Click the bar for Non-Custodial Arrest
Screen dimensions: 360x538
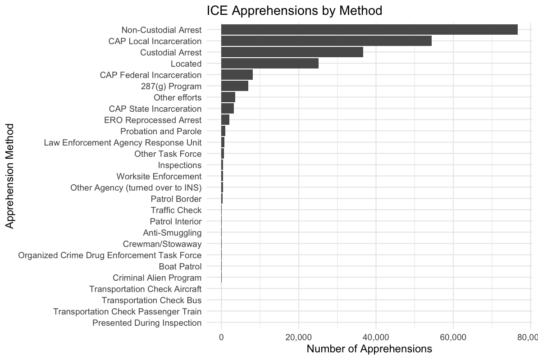pyautogui.click(x=369, y=30)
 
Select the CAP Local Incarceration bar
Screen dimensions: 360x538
pyautogui.click(x=326, y=41)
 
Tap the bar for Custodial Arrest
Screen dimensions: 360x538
pyautogui.click(x=292, y=52)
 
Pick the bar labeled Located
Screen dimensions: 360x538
pyautogui.click(x=270, y=64)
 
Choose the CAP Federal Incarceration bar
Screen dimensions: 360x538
pyautogui.click(x=237, y=75)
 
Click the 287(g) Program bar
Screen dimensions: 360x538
pyautogui.click(x=235, y=86)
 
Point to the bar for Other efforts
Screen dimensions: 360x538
pyautogui.click(x=228, y=97)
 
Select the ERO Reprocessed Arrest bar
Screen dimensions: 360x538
pyautogui.click(x=225, y=120)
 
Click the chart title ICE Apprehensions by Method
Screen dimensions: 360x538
pyautogui.click(x=294, y=10)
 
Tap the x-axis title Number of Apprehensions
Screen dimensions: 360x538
pyautogui.click(x=369, y=349)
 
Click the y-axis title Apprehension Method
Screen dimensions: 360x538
pyautogui.click(x=10, y=176)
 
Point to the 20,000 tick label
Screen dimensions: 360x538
pyautogui.click(x=298, y=337)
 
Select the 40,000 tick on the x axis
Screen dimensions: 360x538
pyautogui.click(x=376, y=337)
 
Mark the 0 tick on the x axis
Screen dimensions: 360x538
pyautogui.click(x=221, y=337)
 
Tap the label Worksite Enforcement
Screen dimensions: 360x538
pyautogui.click(x=159, y=176)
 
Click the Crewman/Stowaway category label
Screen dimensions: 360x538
pyautogui.click(x=162, y=244)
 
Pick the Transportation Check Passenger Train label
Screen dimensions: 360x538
pyautogui.click(x=127, y=311)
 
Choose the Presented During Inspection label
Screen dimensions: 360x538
pyautogui.click(x=146, y=323)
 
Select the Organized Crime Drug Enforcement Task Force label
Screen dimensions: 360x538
pyautogui.click(x=109, y=255)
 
